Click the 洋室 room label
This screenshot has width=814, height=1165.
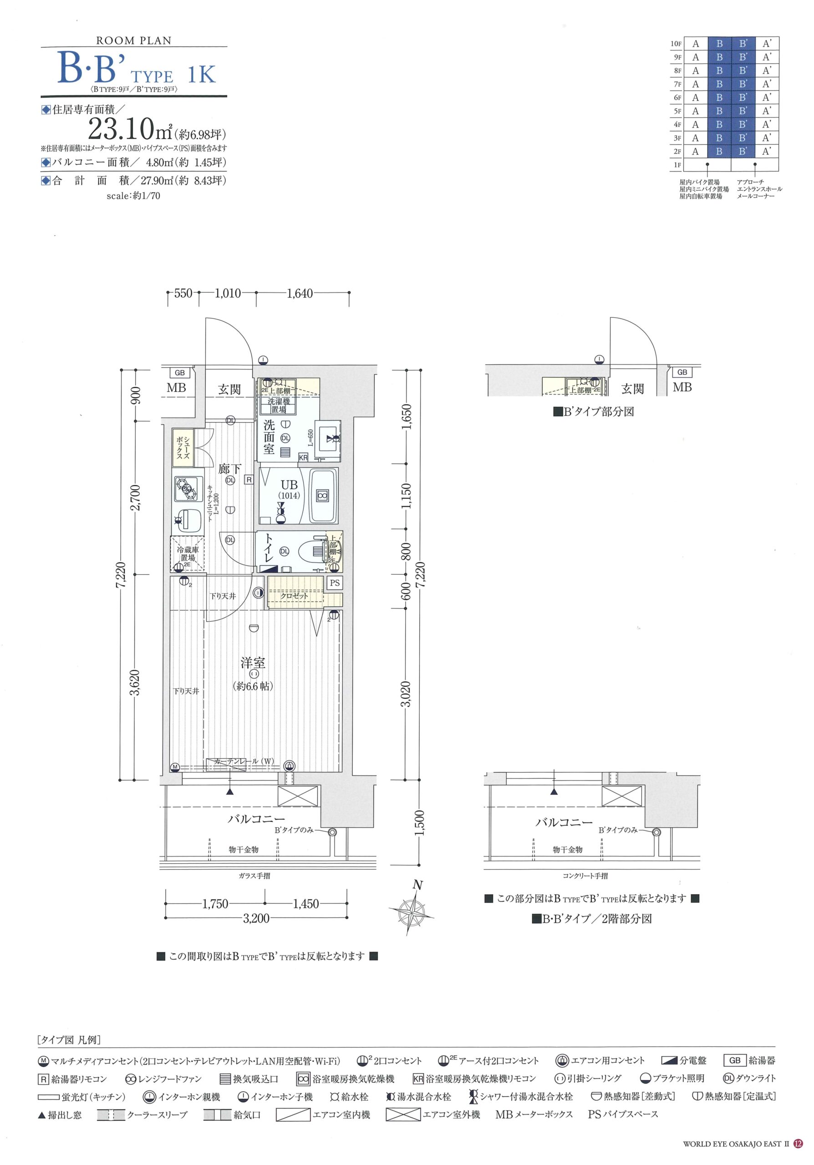(x=253, y=663)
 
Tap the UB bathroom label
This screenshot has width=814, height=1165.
(x=289, y=485)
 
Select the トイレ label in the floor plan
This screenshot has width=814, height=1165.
(x=269, y=549)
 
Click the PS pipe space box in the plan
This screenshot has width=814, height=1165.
(x=335, y=583)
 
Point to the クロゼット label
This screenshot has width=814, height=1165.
(x=295, y=596)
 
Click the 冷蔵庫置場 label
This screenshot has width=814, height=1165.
(x=188, y=553)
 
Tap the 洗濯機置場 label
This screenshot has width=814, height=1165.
(x=279, y=405)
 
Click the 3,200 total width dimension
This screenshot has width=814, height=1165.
(x=256, y=918)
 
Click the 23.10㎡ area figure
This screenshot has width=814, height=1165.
(x=130, y=129)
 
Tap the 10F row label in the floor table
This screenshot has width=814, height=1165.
(x=676, y=44)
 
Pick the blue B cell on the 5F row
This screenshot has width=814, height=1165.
(x=720, y=111)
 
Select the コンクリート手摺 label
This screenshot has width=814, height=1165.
(x=585, y=876)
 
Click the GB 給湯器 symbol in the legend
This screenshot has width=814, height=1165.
(x=735, y=1060)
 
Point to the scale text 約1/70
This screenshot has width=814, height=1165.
(x=133, y=195)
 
